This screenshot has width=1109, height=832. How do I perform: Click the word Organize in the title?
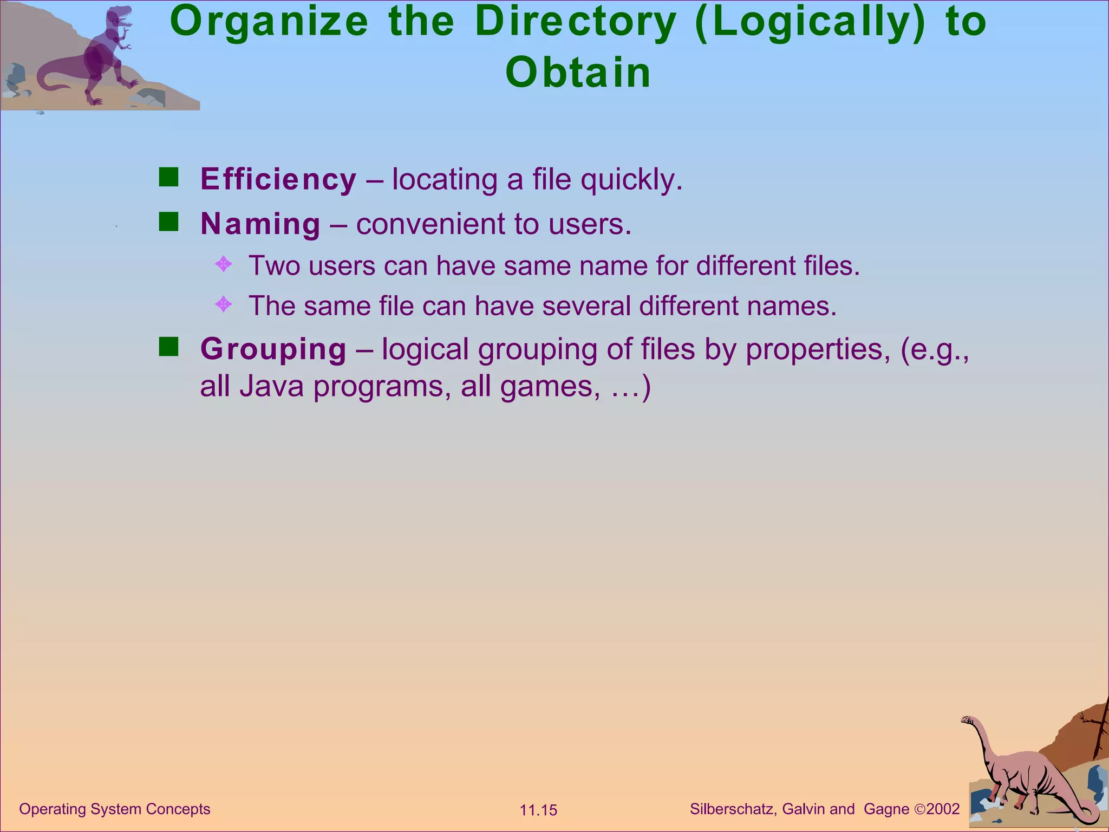[x=269, y=23]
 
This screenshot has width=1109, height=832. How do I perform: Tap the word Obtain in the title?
[x=578, y=73]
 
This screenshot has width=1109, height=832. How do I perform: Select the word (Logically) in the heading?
[x=811, y=23]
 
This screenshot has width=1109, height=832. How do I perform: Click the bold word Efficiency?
[x=278, y=179]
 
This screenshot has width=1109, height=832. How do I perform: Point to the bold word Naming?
[x=260, y=224]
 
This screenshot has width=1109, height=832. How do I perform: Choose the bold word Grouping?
[x=273, y=349]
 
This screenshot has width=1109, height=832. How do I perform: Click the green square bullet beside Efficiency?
[x=169, y=177]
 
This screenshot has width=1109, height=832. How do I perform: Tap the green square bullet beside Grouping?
[x=169, y=347]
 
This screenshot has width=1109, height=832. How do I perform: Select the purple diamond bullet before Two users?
[x=223, y=265]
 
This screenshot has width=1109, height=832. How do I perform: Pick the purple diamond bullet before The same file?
[x=223, y=304]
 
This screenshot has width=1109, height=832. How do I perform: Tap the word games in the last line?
[x=550, y=387]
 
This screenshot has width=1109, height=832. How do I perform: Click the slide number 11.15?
[x=538, y=810]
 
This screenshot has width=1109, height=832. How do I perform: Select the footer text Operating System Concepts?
[x=115, y=809]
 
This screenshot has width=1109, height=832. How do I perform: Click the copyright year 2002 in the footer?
[x=943, y=809]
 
